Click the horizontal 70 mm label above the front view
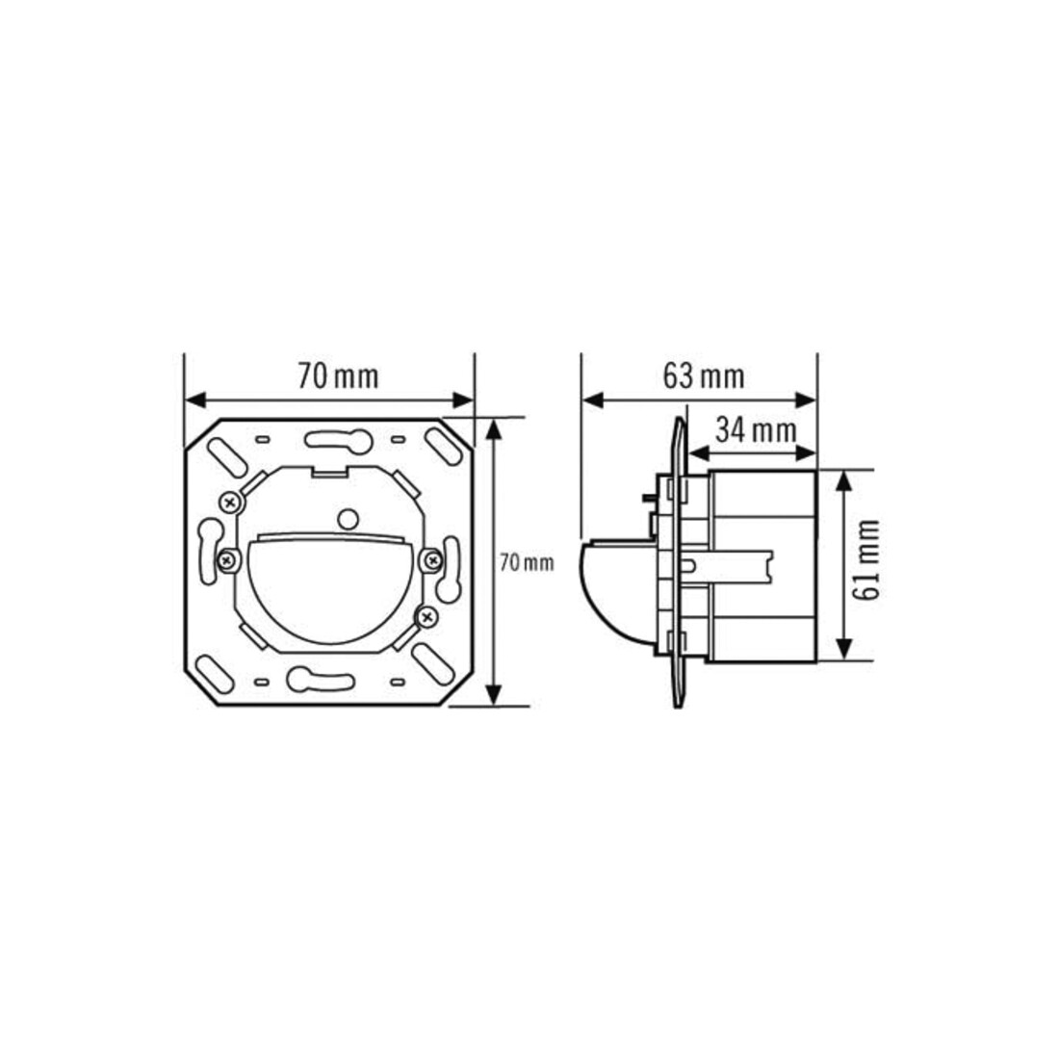(338, 376)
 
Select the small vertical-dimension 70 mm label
(527, 562)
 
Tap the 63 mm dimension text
(704, 376)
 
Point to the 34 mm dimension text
(756, 429)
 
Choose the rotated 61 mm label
(866, 559)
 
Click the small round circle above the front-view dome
(348, 519)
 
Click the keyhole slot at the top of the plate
(338, 441)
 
